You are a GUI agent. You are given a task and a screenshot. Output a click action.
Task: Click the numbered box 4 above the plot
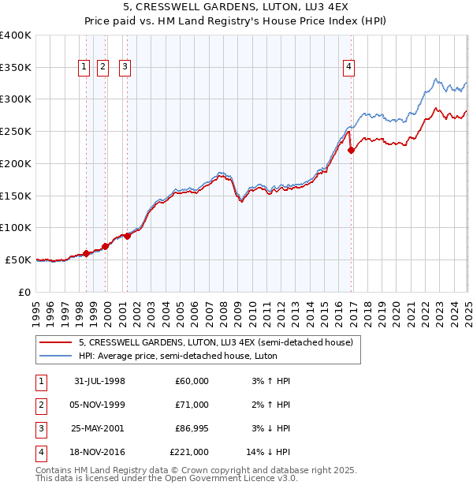click(x=348, y=67)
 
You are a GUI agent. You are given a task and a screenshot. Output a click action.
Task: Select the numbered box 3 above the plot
click(x=125, y=67)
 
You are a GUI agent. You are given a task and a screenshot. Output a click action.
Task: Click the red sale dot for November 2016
click(x=352, y=150)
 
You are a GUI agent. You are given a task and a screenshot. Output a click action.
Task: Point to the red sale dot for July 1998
click(x=87, y=253)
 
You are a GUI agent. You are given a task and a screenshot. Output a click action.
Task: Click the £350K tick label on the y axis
click(x=16, y=67)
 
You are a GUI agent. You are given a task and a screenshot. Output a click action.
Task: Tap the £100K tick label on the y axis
click(x=16, y=227)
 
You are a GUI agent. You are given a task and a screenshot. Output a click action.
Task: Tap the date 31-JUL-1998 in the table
click(x=100, y=381)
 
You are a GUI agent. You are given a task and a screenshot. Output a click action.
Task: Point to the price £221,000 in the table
click(x=190, y=452)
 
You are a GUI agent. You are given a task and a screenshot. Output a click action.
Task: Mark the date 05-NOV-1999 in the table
click(x=100, y=405)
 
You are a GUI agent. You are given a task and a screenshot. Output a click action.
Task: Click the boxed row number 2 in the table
click(x=39, y=405)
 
